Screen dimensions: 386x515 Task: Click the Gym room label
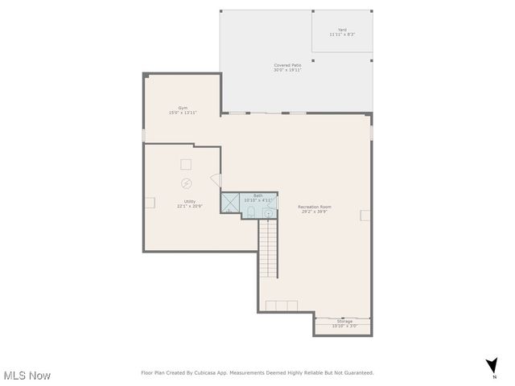183,108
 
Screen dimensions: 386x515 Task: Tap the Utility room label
189,201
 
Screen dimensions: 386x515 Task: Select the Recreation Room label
314,207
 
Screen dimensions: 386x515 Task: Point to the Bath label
258,195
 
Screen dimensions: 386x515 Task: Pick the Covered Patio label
287,65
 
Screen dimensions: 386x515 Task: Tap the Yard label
342,31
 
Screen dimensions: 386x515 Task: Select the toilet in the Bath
251,212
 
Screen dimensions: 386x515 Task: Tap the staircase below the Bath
268,249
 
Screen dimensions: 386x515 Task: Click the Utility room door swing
215,182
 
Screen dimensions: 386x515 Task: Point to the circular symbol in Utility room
187,183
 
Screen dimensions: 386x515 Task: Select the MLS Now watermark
27,376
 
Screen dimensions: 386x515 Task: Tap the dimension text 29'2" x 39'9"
314,211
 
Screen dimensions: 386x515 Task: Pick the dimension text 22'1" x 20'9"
189,206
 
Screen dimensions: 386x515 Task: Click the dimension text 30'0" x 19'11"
287,70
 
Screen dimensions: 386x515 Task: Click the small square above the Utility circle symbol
186,164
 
